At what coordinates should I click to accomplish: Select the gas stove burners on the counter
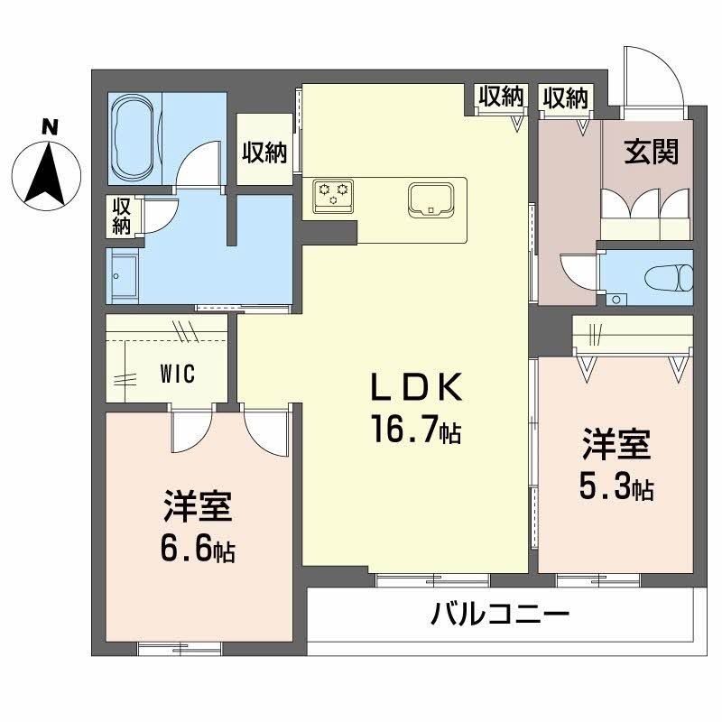333,194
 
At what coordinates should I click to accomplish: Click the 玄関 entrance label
651,154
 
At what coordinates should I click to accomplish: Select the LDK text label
416,389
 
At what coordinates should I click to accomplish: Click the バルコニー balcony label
499,617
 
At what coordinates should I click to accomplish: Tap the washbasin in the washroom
122,275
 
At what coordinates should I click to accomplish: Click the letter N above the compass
51,127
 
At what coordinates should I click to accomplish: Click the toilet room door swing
578,272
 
